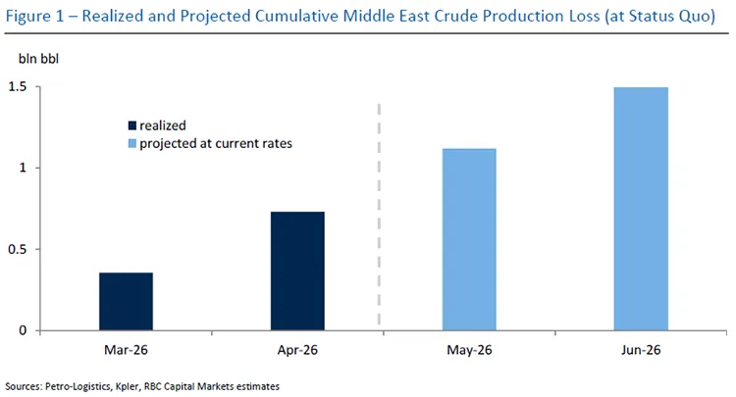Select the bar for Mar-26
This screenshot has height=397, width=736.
[126, 301]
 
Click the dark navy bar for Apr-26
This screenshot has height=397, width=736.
[297, 271]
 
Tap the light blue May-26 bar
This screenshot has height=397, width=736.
[469, 239]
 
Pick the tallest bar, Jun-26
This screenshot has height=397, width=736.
[641, 209]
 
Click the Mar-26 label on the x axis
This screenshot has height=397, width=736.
[126, 350]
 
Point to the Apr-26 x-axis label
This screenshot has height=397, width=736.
[297, 350]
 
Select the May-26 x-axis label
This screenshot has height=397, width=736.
[469, 350]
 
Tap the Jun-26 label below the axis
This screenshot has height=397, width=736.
[641, 350]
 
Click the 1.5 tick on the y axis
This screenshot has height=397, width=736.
[18, 87]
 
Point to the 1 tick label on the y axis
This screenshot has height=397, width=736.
[23, 168]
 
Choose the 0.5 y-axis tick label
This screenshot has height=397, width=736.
[18, 249]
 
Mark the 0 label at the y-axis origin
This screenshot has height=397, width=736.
[23, 330]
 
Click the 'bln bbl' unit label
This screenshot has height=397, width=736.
[38, 59]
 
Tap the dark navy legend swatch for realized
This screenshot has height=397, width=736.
[132, 125]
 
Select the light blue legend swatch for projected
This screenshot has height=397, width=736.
[132, 143]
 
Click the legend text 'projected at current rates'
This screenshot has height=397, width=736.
[216, 143]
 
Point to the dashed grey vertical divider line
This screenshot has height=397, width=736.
[379, 215]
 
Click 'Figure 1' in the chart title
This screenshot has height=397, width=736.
[34, 17]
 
